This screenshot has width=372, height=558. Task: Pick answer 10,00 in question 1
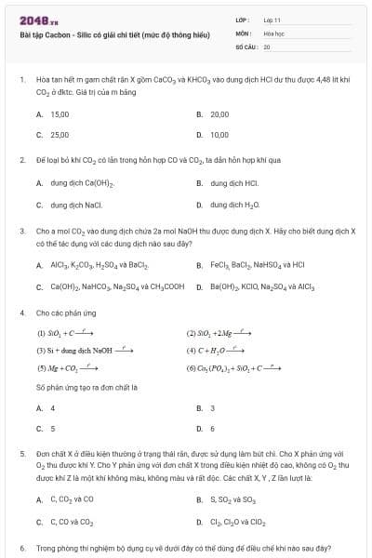coord(219,134)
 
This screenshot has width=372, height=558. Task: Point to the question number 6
coord(21,548)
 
